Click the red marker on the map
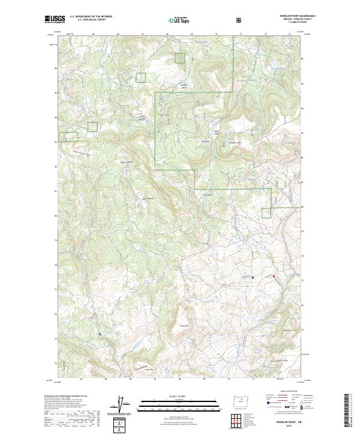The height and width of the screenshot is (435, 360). coord(274,276)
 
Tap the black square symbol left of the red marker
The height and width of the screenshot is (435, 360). coord(253,277)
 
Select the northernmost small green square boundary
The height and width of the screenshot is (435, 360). coord(180,58)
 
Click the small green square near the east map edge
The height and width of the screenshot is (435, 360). coord(267,212)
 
